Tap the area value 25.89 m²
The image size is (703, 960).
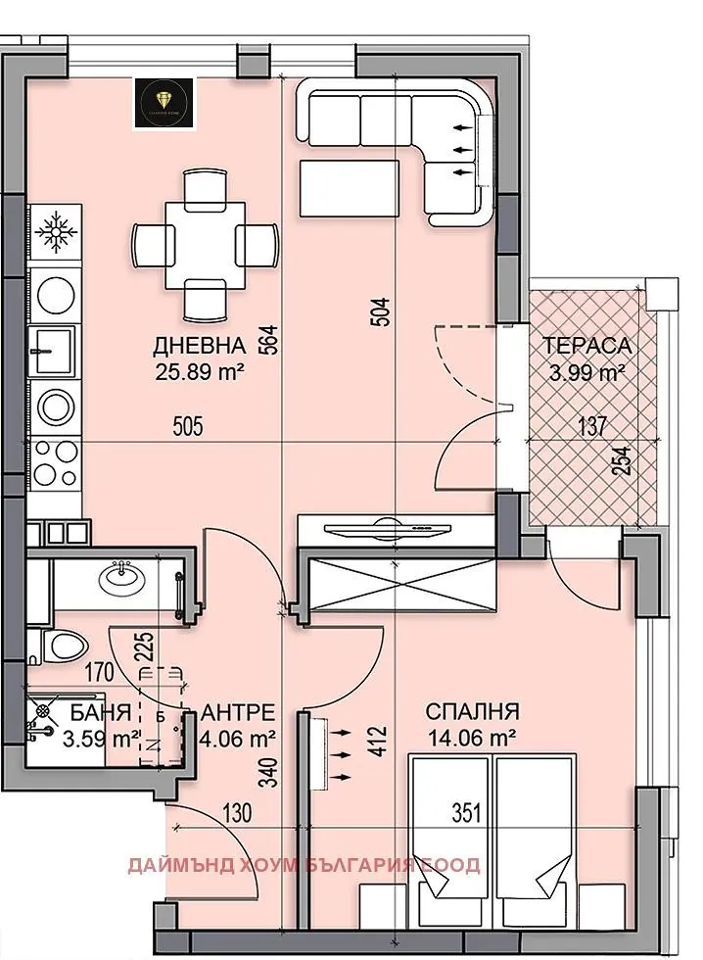click(x=199, y=371)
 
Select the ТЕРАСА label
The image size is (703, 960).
click(x=587, y=346)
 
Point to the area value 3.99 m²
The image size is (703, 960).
click(x=586, y=372)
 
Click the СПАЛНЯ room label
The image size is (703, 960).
click(x=472, y=712)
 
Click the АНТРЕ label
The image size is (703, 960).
click(x=236, y=712)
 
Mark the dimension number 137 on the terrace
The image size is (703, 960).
click(x=592, y=425)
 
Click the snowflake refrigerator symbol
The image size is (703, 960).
click(x=57, y=231)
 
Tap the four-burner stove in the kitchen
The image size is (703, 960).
click(x=56, y=463)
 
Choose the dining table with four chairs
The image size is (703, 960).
click(x=206, y=242)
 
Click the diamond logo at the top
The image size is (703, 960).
click(x=167, y=101)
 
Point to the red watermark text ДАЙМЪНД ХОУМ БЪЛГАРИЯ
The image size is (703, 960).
click(x=304, y=865)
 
